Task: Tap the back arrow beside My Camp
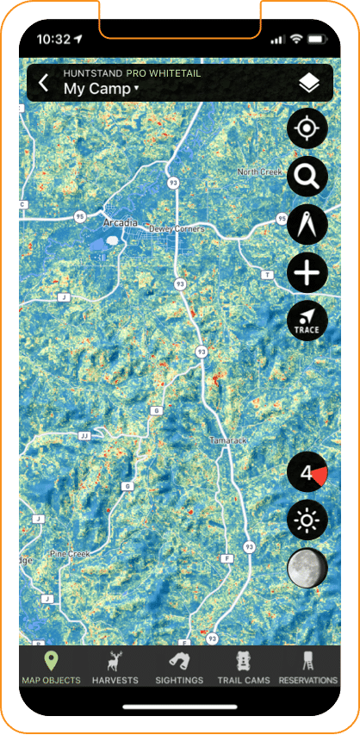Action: [44, 84]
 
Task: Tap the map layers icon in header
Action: [308, 84]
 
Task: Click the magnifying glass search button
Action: [307, 178]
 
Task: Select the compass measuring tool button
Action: [307, 226]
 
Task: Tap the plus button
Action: [307, 274]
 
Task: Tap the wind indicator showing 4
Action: [307, 473]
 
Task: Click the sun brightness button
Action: [307, 521]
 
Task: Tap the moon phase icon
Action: [307, 570]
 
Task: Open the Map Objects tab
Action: [51, 669]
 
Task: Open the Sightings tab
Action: [179, 669]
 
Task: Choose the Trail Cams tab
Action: [245, 669]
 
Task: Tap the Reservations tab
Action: [308, 669]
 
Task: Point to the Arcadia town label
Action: [120, 222]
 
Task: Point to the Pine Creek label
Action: [70, 553]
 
